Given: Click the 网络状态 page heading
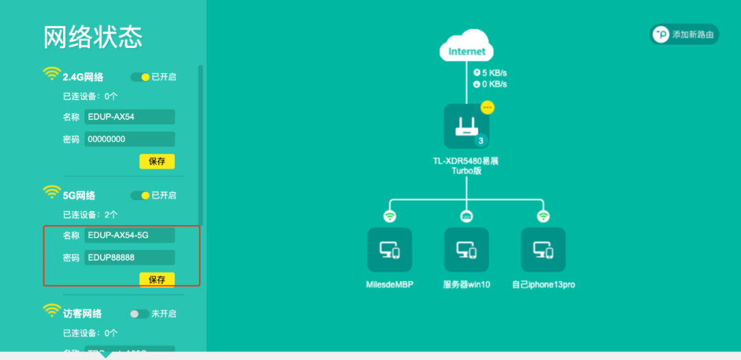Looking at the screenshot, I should [x=93, y=37].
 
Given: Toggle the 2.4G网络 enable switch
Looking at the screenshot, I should [x=140, y=77].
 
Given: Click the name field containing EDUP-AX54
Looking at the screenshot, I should [x=130, y=117].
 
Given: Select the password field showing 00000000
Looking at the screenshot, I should [x=130, y=139].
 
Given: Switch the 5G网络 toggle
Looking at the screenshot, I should [x=140, y=195].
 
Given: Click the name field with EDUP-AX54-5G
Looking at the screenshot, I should [x=130, y=235].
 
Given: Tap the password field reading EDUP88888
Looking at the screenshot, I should [x=130, y=258].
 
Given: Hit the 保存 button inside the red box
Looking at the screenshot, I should [x=157, y=280].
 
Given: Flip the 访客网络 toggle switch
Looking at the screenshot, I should [x=140, y=313].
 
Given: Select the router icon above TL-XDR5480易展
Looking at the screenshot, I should [x=467, y=126].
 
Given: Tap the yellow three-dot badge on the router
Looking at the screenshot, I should [x=487, y=108].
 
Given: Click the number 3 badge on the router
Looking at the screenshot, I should [x=481, y=141].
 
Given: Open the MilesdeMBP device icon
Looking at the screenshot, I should [x=390, y=250].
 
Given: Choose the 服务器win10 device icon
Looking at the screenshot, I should [x=467, y=250].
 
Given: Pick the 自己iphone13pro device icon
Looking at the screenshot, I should [x=543, y=250].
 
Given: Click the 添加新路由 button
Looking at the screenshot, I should [x=684, y=34].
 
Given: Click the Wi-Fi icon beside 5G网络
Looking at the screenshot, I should [x=51, y=193].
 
